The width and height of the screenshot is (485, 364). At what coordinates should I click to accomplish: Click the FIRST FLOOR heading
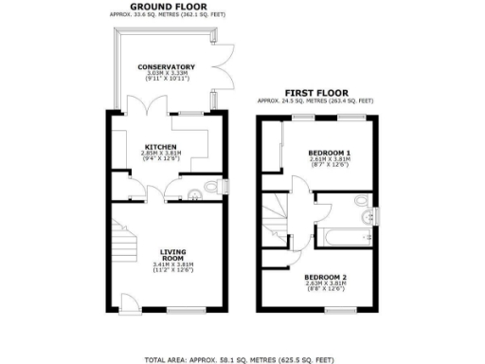314,93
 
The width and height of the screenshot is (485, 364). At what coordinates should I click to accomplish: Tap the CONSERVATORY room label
166,66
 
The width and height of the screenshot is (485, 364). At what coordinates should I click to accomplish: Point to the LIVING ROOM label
172,254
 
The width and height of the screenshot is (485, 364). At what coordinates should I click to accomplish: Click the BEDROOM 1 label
330,152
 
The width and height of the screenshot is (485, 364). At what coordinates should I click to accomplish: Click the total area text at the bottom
242,359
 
